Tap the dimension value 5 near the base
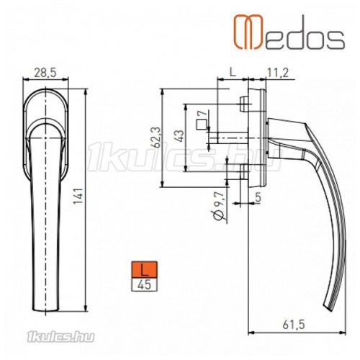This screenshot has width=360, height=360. point(257,195)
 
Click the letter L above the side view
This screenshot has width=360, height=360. point(233,73)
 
